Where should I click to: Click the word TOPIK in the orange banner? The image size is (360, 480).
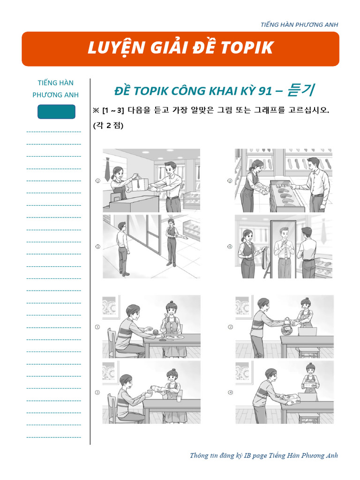(x=247, y=48)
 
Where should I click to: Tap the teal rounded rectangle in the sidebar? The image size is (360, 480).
(x=56, y=112)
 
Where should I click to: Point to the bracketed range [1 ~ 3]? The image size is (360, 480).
(x=113, y=111)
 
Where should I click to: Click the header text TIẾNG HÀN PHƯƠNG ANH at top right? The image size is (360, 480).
(x=299, y=24)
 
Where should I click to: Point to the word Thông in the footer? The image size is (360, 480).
(x=199, y=456)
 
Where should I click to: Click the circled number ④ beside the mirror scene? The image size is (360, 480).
(x=230, y=247)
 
